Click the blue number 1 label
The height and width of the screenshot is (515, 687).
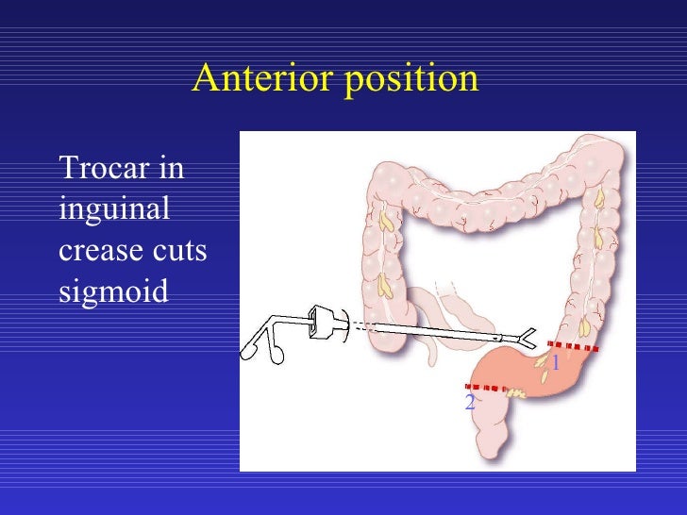click(556, 363)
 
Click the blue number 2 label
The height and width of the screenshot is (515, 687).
click(469, 404)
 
